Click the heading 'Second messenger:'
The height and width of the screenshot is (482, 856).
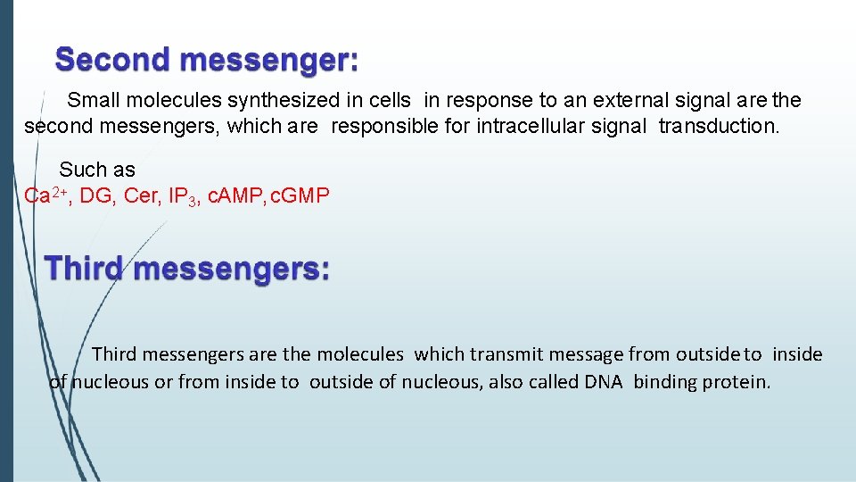207,61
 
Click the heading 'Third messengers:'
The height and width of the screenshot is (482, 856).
186,269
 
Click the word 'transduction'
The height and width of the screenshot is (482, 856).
718,127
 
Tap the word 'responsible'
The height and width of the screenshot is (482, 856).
385,127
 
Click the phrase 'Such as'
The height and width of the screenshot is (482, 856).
96,170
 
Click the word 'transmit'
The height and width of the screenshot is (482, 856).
501,354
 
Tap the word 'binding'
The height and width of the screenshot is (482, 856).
665,382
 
